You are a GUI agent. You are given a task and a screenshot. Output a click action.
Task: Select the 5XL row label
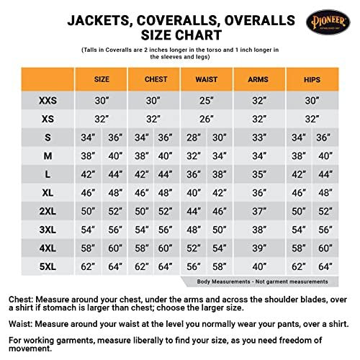(x=48, y=266)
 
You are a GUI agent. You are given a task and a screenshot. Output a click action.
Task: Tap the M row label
(x=48, y=156)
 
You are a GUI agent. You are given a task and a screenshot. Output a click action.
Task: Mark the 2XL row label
(x=48, y=211)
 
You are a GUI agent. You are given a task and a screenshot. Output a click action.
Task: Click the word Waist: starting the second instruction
(x=23, y=325)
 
